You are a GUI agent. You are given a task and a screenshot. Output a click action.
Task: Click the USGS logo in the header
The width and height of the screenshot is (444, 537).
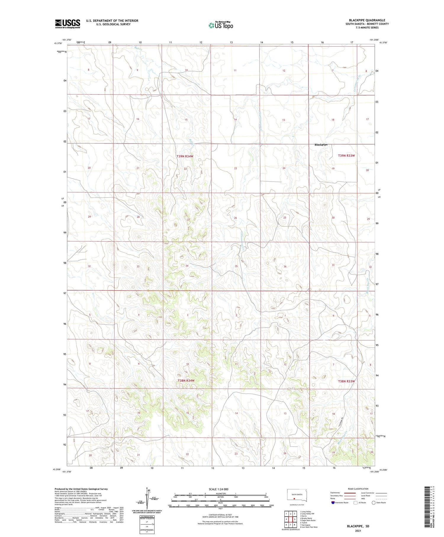click(67, 24)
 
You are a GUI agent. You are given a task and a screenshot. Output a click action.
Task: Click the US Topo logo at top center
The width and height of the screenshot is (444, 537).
click(221, 25)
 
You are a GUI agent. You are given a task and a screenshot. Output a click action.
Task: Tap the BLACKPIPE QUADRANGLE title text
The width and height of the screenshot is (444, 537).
click(367, 20)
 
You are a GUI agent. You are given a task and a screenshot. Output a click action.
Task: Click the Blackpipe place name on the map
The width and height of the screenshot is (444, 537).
click(321, 145)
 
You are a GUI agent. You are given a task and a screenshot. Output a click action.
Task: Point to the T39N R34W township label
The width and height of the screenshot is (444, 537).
click(185, 156)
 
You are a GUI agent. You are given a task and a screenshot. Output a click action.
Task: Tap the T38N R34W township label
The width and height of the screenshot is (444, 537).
click(186, 380)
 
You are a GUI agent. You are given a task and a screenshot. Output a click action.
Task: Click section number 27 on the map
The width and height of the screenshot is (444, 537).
click(189, 220)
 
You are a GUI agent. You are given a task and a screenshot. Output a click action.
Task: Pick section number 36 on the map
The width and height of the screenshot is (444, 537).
click(285, 267)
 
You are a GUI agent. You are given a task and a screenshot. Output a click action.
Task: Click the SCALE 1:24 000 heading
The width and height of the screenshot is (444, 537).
click(218, 489)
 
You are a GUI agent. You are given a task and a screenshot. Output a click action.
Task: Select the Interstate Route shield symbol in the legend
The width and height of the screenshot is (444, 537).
click(333, 502)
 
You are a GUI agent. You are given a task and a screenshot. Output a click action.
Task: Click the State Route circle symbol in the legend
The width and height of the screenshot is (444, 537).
click(374, 502)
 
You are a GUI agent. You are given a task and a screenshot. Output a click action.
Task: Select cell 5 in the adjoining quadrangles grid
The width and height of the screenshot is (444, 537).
click(295, 519)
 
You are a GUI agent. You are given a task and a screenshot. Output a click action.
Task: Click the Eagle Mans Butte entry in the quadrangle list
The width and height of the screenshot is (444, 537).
click(308, 520)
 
